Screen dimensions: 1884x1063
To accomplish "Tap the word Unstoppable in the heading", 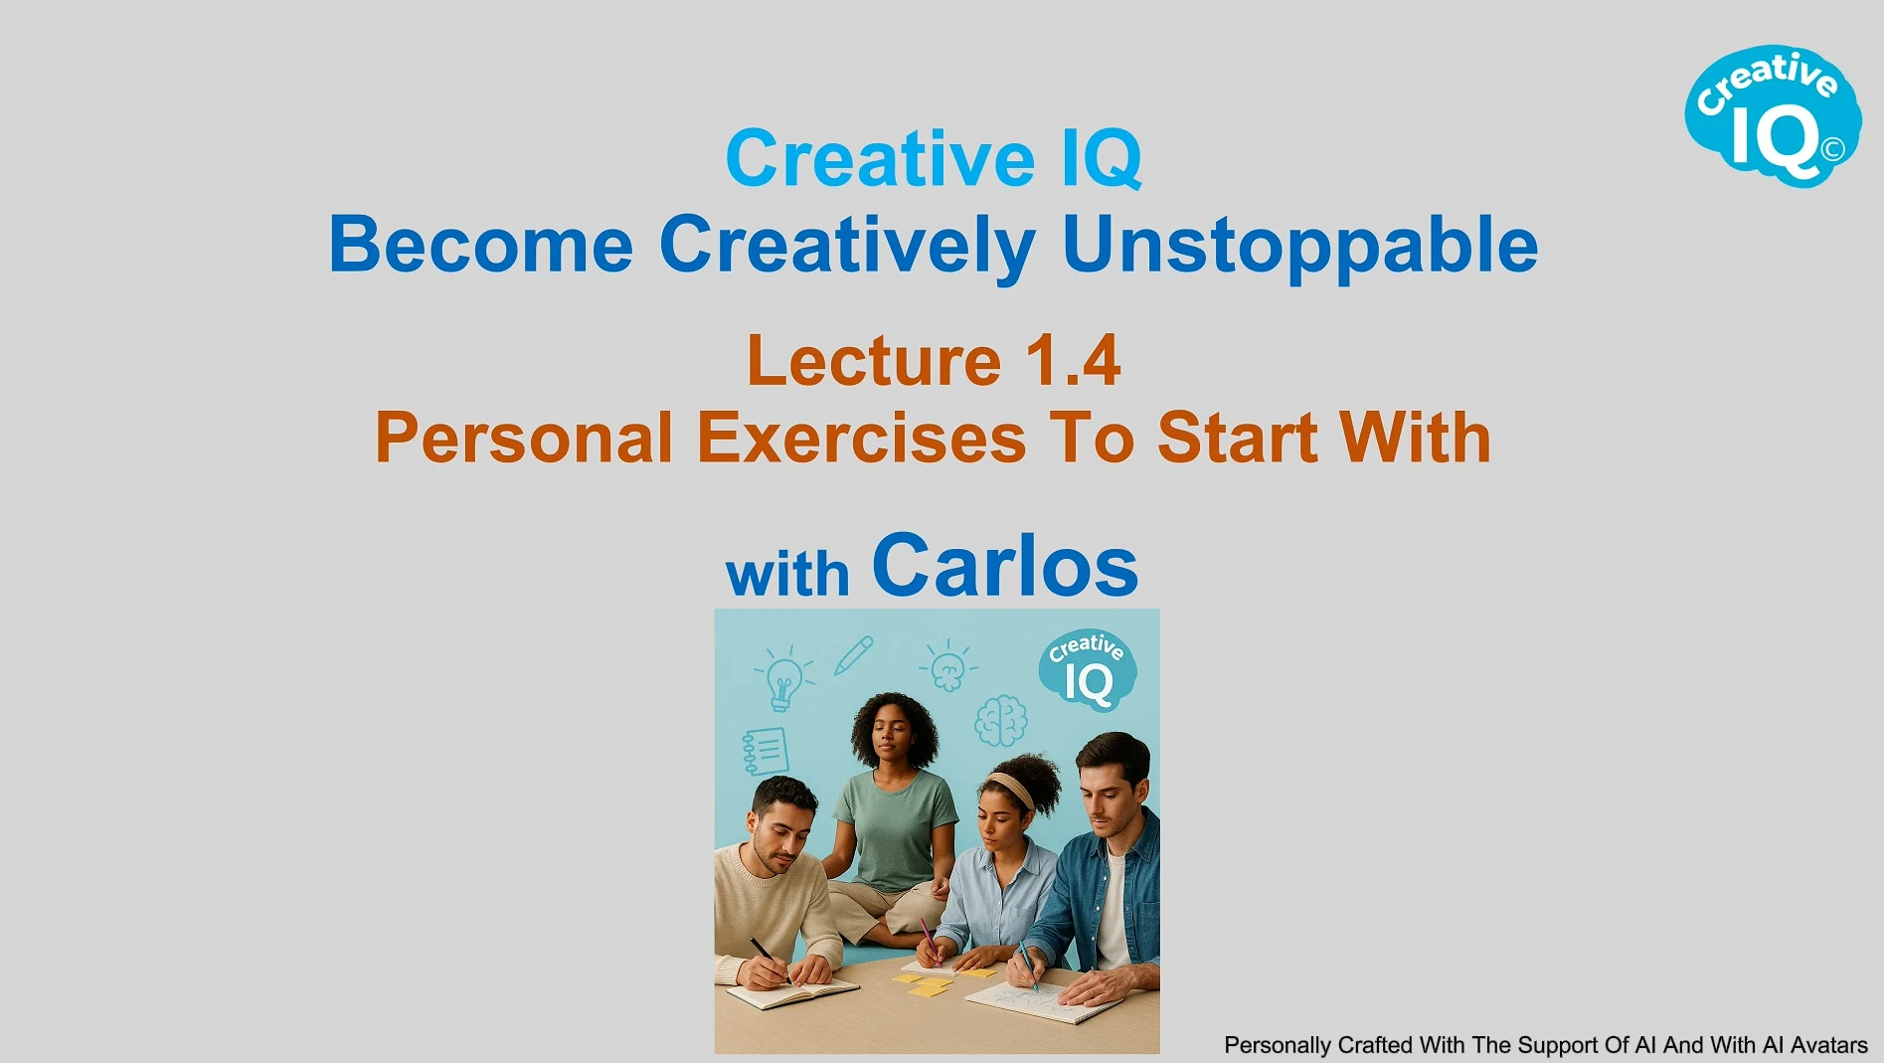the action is (1300, 245).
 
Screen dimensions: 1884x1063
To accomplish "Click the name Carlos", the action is (1005, 565).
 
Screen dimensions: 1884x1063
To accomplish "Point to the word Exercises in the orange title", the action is (861, 438).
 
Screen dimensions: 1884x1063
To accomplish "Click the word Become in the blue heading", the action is (480, 245).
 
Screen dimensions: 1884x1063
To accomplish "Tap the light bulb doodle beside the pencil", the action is (783, 677).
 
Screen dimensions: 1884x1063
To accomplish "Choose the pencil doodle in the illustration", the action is (853, 656).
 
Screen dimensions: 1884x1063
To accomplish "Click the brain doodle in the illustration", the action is (1000, 721).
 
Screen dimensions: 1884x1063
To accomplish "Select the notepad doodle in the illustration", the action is (766, 751).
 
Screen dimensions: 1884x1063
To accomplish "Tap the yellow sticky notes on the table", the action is (930, 984).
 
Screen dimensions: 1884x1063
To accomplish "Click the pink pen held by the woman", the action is (927, 939).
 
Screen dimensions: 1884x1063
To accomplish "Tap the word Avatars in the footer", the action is (1829, 1045).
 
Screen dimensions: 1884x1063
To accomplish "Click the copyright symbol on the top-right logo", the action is (1833, 149).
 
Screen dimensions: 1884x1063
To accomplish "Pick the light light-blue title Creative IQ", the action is (934, 158).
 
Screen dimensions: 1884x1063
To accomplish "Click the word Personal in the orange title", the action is (524, 438).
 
